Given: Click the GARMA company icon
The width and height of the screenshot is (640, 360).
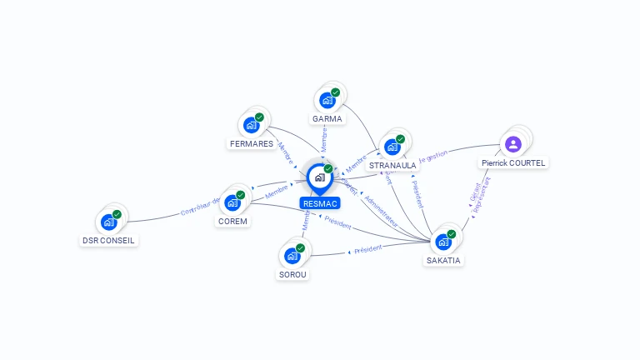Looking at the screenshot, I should click(328, 100).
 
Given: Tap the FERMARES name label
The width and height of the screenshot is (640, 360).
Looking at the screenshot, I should click(251, 143).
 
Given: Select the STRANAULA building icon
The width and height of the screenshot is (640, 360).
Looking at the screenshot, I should click(392, 147).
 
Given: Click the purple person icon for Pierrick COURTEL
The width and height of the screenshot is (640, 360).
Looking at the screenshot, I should click(513, 143).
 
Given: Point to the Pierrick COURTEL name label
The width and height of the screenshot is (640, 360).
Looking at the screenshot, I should click(513, 163).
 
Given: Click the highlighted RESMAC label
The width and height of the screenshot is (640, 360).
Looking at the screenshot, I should click(320, 203).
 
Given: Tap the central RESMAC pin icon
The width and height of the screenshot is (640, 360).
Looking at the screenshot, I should click(319, 177).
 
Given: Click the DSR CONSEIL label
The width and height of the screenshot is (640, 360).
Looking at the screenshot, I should click(108, 240).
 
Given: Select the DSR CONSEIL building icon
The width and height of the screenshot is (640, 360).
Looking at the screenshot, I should click(108, 222).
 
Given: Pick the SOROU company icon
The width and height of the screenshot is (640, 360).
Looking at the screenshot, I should click(292, 255).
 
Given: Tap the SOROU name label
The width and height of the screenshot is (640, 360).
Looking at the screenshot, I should click(292, 274).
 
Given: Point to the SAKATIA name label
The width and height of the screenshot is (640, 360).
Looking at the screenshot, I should click(443, 260).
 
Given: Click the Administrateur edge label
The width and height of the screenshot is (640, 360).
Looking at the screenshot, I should click(382, 209).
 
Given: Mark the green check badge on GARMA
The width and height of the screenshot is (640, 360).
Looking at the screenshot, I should click(335, 92).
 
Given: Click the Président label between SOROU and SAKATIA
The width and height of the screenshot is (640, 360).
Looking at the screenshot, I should click(367, 248).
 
